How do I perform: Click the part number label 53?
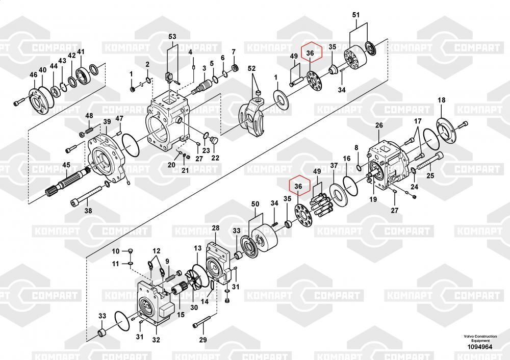172,36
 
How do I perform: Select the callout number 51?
356,15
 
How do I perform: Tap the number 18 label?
441,100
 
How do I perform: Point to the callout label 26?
379,125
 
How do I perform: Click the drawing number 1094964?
480,347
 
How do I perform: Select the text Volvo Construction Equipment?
480,338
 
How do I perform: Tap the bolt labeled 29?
205,321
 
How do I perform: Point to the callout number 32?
156,340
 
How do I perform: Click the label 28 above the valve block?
216,228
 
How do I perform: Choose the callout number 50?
256,204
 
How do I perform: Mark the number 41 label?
81,52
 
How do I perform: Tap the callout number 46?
34,75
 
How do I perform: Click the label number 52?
252,69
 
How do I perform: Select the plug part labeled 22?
214,140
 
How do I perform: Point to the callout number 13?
198,248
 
